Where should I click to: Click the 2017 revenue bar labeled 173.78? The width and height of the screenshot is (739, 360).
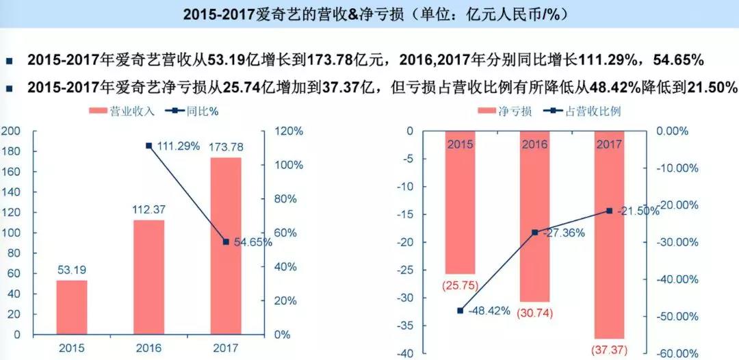(x=225, y=246)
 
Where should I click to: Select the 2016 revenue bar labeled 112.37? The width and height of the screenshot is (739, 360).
(x=148, y=277)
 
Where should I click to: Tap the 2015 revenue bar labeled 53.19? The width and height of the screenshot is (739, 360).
(x=72, y=307)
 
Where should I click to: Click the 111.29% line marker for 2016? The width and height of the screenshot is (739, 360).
(x=148, y=146)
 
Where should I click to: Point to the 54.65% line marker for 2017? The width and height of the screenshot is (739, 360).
(x=226, y=242)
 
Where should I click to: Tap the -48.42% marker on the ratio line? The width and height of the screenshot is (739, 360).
(x=460, y=311)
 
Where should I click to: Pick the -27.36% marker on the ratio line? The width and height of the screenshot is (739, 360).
(x=535, y=233)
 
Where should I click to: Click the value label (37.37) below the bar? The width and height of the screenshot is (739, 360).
(x=609, y=350)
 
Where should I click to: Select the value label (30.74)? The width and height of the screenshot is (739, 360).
(x=535, y=313)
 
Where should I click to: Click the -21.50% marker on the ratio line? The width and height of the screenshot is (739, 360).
(x=609, y=211)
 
